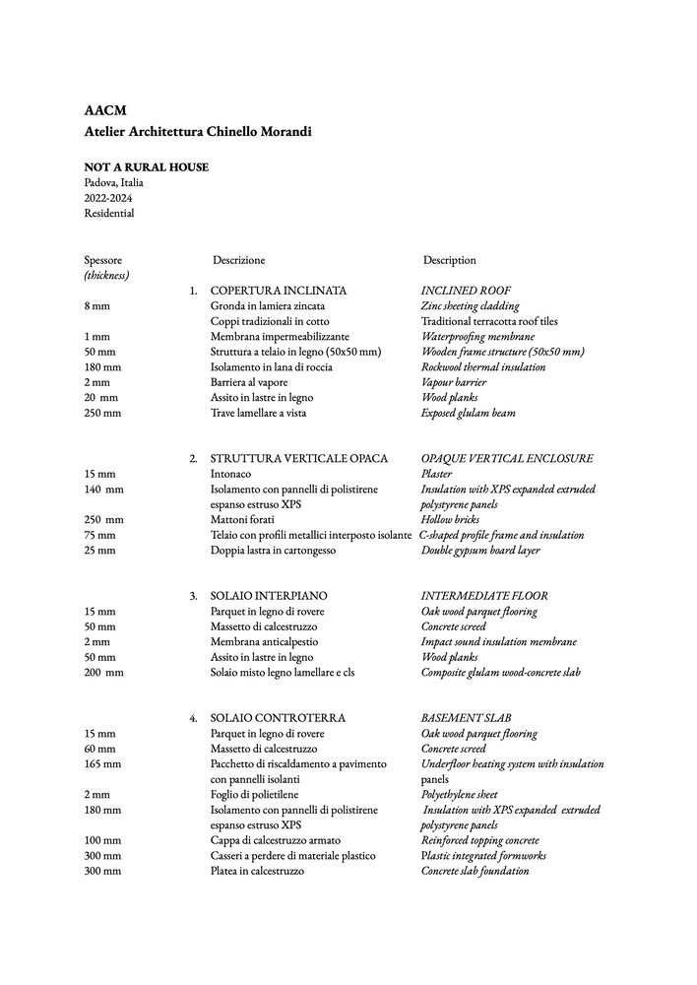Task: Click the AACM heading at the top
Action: pyautogui.click(x=105, y=110)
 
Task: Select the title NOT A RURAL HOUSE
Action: pyautogui.click(x=146, y=167)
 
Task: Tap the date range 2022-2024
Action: pyautogui.click(x=109, y=198)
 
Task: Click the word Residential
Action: pyautogui.click(x=109, y=213)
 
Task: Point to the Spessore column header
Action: pyautogui.click(x=103, y=260)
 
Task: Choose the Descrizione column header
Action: pyautogui.click(x=238, y=260)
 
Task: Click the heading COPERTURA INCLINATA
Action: pyautogui.click(x=279, y=292)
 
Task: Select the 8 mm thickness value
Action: pyautogui.click(x=97, y=306)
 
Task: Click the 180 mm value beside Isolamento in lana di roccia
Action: pyautogui.click(x=100, y=367)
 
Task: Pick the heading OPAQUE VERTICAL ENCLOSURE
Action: pyautogui.click(x=507, y=459)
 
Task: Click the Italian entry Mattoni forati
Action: pyautogui.click(x=245, y=520)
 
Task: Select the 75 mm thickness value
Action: pyautogui.click(x=99, y=535)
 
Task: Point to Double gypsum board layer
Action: pyautogui.click(x=480, y=551)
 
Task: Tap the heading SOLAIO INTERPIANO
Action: pyautogui.click(x=269, y=596)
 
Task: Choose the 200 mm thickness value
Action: pyautogui.click(x=103, y=673)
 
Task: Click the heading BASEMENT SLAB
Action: pyautogui.click(x=466, y=718)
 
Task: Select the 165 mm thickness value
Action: pyautogui.click(x=102, y=764)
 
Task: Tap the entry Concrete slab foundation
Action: pyautogui.click(x=475, y=871)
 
